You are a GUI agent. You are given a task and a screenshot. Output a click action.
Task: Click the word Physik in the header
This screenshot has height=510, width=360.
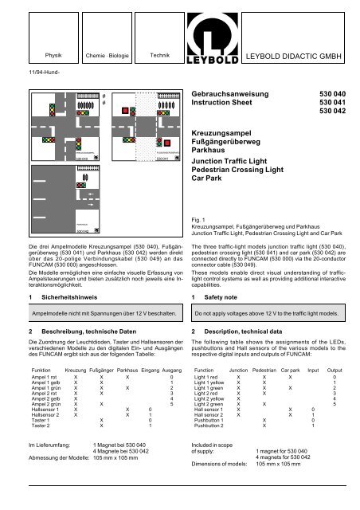coord(53,56)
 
